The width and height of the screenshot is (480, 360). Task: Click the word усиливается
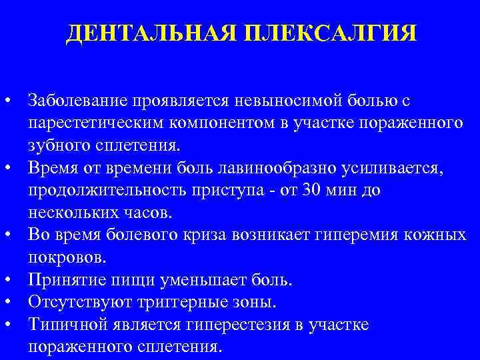393,169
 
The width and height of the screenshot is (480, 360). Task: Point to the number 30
296,191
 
